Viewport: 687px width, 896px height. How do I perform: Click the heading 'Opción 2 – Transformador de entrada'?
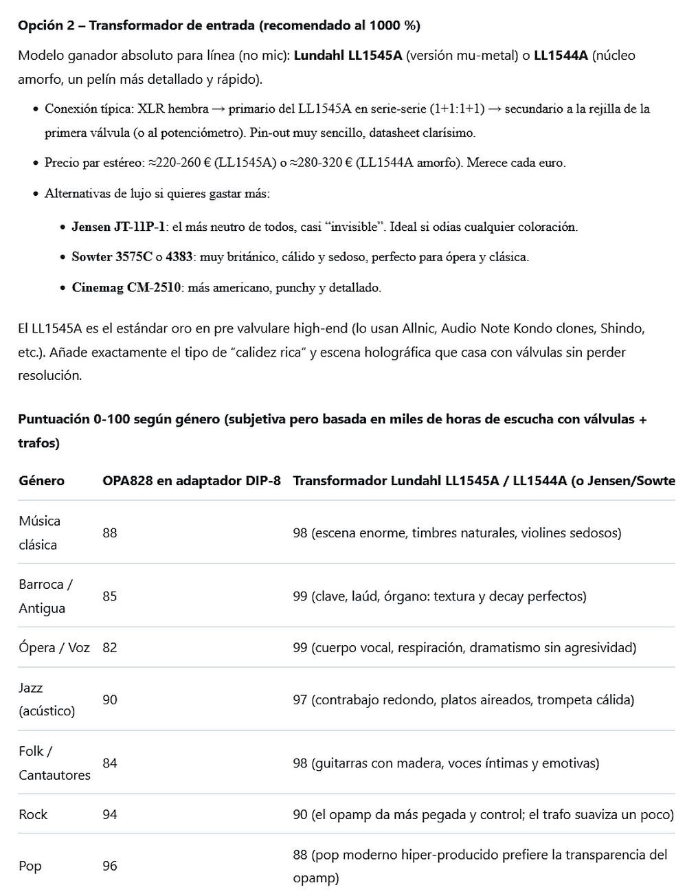point(218,25)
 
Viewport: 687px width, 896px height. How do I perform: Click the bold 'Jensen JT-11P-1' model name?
point(118,227)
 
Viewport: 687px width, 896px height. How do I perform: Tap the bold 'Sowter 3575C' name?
point(112,257)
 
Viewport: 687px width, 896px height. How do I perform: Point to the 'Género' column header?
point(41,480)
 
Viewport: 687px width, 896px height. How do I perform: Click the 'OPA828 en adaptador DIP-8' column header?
point(192,480)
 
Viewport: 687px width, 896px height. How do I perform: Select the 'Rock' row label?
point(33,814)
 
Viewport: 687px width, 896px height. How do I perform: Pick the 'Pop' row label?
point(30,866)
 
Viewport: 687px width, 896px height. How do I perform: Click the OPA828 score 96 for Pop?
point(110,866)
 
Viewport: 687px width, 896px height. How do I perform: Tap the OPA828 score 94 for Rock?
point(110,814)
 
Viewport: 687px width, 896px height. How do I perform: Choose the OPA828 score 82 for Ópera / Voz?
point(110,647)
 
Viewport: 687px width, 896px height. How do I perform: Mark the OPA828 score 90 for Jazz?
point(110,699)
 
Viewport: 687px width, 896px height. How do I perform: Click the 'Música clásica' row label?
point(39,533)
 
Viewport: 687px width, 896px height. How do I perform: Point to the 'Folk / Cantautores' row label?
point(54,763)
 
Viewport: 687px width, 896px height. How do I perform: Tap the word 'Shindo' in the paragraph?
point(622,328)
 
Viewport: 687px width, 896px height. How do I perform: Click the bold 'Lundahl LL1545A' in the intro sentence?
point(348,56)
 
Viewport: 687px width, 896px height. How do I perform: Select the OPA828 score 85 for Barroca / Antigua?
point(110,596)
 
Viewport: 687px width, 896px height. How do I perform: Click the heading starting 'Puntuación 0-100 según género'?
point(333,419)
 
